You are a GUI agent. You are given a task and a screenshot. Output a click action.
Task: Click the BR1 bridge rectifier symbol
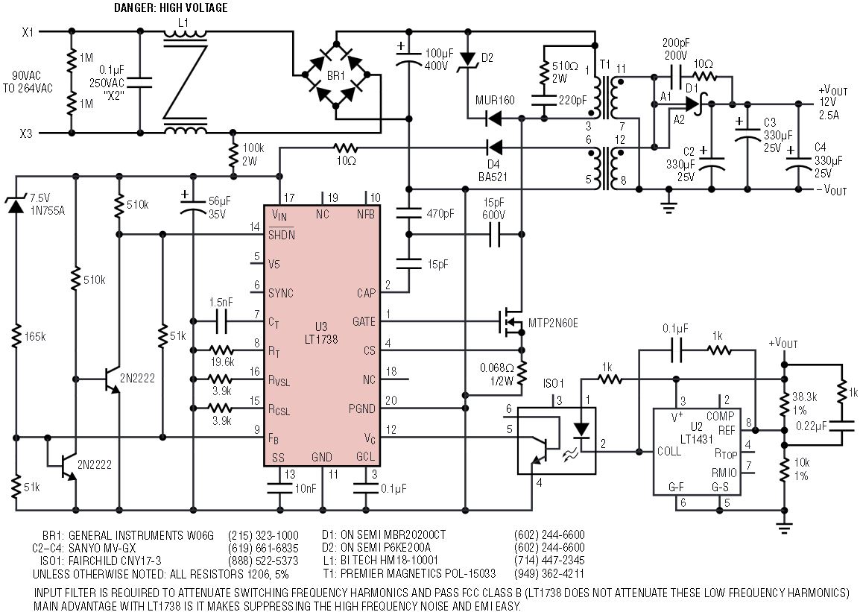click(336, 75)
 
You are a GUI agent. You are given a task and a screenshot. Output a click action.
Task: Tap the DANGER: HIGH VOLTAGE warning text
click(171, 7)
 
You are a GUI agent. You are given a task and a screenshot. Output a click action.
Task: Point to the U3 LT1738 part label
click(321, 333)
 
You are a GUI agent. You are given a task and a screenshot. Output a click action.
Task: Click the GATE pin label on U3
click(364, 321)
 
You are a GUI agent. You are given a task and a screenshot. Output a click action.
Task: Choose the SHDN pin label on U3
click(281, 235)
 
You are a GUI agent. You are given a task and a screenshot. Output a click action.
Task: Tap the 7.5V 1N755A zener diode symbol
click(16, 205)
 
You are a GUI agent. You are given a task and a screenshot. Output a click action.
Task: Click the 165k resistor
click(16, 335)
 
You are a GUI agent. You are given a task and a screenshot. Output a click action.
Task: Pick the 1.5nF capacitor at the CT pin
click(222, 321)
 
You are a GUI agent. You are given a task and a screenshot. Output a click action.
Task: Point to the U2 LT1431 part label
click(696, 432)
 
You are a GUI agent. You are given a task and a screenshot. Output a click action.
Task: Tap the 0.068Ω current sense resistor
click(521, 373)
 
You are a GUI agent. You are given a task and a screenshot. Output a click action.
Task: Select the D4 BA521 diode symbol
click(494, 148)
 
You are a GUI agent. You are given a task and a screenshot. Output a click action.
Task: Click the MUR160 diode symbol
click(494, 118)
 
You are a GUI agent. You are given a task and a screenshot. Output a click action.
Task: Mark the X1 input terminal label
click(28, 32)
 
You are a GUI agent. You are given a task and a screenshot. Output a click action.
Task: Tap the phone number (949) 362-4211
click(549, 573)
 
